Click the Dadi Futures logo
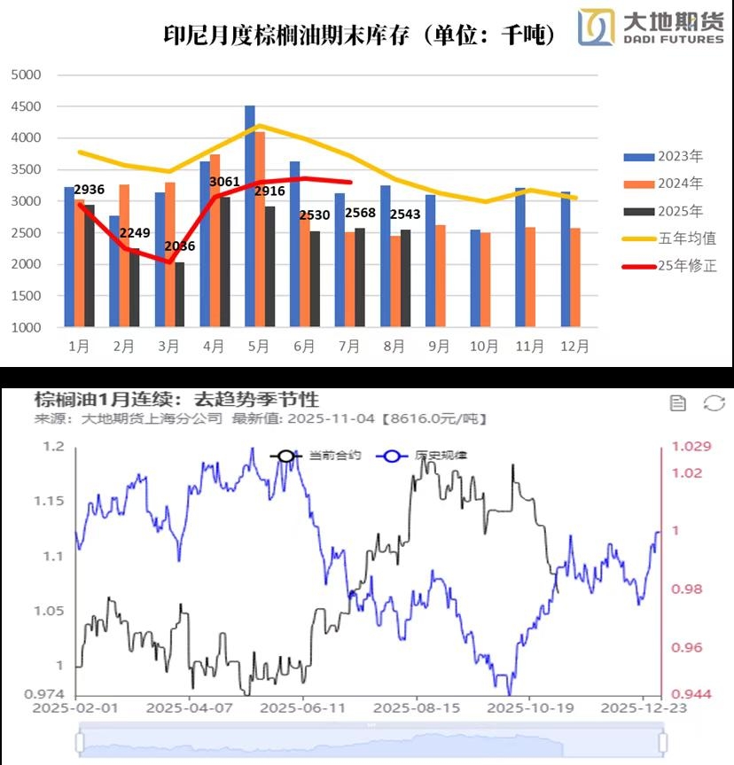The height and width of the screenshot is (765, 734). click(651, 27)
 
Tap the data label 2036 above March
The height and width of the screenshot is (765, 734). click(180, 246)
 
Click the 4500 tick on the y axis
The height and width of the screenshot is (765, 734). click(27, 106)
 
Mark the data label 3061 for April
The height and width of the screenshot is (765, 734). click(225, 183)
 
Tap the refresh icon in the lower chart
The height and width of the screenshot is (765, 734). click(714, 404)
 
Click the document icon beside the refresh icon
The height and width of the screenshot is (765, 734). click(678, 404)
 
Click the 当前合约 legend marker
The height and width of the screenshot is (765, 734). click(285, 456)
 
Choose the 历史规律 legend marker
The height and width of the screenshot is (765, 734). click(387, 456)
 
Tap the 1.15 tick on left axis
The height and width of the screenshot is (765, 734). click(50, 501)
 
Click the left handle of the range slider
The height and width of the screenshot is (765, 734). click(81, 741)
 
